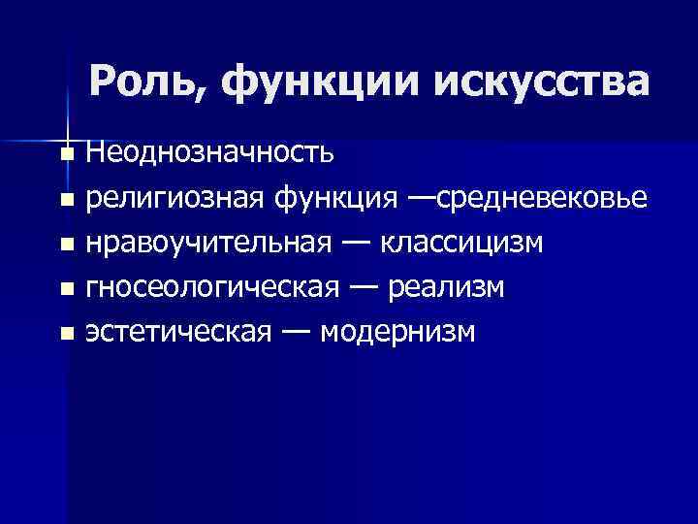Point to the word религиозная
(x=170, y=199)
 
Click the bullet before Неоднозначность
(x=65, y=153)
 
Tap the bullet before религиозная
(x=65, y=201)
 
